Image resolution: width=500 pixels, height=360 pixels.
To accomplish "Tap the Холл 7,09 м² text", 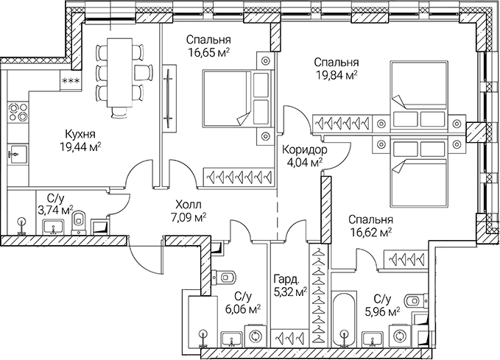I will (x=189, y=211).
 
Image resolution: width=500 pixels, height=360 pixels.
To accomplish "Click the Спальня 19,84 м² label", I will (x=335, y=68).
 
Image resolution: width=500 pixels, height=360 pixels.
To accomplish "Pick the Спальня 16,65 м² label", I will (x=208, y=46).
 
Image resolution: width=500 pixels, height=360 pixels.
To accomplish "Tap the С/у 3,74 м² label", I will (x=56, y=204).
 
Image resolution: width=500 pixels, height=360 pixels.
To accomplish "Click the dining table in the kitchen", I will (x=118, y=71).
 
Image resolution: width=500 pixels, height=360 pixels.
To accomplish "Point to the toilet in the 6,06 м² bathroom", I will (x=225, y=278).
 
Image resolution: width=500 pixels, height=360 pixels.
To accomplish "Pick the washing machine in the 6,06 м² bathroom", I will (x=256, y=336).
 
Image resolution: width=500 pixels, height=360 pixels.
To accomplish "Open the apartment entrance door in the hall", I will (x=145, y=255).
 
